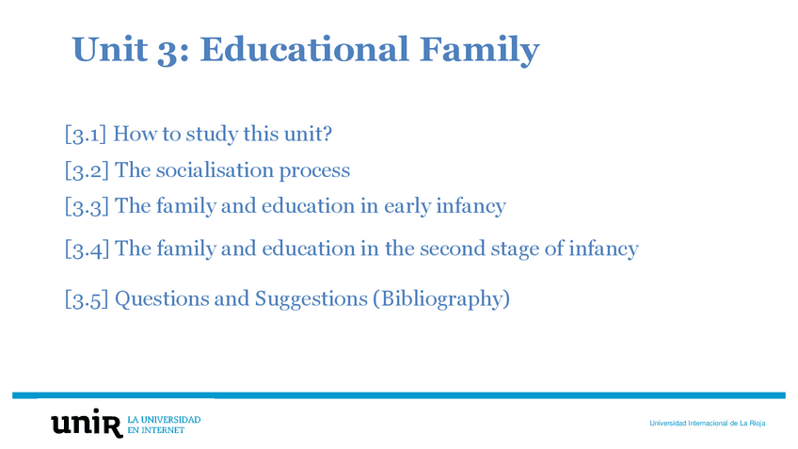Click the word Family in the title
tap(479, 51)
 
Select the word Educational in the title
tap(304, 49)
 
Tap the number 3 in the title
tap(167, 51)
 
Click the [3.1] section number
tap(85, 134)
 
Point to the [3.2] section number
tap(87, 170)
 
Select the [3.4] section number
tap(87, 249)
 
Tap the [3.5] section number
tap(87, 298)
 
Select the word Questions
tap(162, 298)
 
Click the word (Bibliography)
tap(441, 299)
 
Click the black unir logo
tap(87, 423)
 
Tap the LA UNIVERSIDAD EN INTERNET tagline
tap(164, 425)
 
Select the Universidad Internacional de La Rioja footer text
tap(708, 423)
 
